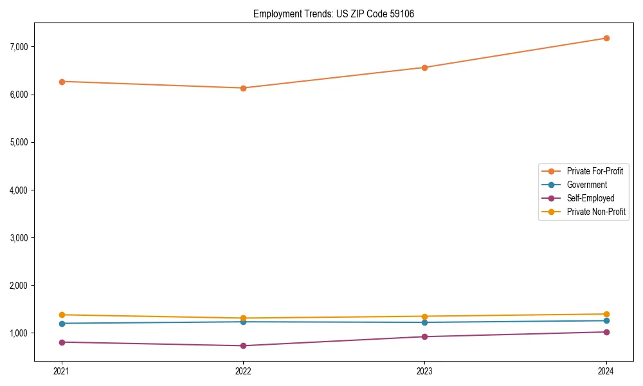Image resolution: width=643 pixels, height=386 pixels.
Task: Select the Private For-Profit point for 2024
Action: point(606,38)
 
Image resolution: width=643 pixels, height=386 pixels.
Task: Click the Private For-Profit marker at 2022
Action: point(243,88)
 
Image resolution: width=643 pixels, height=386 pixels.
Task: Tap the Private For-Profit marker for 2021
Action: point(62,82)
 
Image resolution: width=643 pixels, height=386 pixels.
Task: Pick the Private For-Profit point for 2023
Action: point(424,68)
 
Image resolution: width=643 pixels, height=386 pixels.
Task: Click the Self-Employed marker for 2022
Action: point(243,345)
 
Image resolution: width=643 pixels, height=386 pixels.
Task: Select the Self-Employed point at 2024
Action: point(606,332)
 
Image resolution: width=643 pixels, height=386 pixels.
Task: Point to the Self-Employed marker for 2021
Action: point(62,342)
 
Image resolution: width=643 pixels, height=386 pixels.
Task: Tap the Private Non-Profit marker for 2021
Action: point(62,315)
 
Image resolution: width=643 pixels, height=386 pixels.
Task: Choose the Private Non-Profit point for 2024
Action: point(606,314)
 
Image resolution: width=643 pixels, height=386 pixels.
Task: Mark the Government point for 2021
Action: point(62,324)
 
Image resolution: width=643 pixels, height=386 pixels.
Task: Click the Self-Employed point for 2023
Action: point(424,336)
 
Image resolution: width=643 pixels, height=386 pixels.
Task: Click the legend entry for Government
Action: point(586,185)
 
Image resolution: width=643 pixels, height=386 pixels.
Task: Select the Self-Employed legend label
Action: point(590,198)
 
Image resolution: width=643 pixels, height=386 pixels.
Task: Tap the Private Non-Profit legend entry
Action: point(596,212)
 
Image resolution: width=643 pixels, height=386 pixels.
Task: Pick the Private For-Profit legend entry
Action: point(594,171)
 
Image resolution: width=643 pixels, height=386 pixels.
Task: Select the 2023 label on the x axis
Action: point(424,371)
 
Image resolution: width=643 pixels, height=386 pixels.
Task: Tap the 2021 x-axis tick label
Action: point(62,371)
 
